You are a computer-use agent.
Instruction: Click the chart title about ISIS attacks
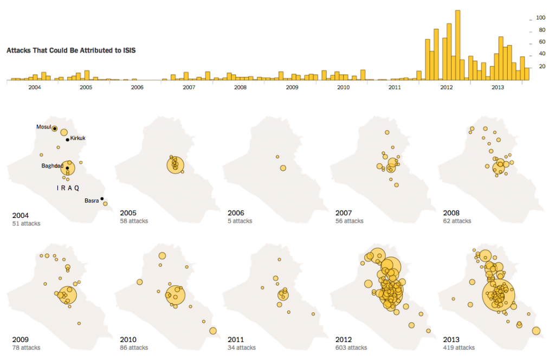[71, 50]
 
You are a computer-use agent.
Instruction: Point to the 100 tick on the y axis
[540, 18]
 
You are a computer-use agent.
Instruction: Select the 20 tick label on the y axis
[540, 67]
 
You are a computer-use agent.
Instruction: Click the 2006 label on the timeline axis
[137, 87]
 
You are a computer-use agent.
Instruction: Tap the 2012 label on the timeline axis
[447, 87]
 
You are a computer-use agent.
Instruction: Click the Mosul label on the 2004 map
[43, 127]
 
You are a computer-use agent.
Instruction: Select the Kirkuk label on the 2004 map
[78, 138]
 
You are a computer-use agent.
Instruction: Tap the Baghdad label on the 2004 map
[52, 166]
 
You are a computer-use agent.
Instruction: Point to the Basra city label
[92, 201]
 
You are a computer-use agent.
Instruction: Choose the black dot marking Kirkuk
[68, 140]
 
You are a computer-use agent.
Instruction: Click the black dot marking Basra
[102, 198]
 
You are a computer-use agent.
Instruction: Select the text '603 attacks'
[351, 348]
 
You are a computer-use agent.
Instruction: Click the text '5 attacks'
[240, 221]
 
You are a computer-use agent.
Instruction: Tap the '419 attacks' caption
[459, 348]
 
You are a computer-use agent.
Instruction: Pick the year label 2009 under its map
[20, 339]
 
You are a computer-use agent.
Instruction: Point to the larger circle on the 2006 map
[283, 168]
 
